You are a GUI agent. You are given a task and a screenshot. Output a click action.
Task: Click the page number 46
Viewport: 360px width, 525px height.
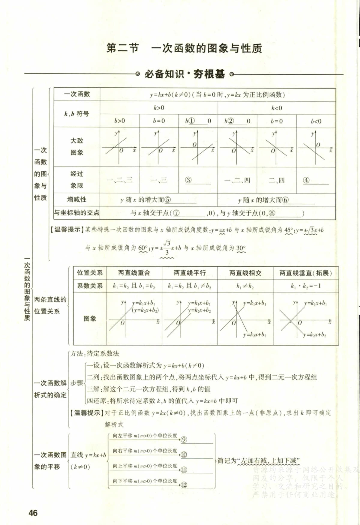click(x=33, y=513)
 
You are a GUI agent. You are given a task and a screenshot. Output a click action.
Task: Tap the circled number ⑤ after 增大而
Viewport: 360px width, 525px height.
click(x=168, y=200)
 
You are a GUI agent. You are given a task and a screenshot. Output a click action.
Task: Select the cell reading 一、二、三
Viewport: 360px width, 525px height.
click(x=119, y=180)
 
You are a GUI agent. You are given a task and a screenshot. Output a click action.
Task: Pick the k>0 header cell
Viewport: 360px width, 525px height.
click(x=159, y=108)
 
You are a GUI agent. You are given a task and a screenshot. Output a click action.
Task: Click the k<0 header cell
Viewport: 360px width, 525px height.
click(x=276, y=108)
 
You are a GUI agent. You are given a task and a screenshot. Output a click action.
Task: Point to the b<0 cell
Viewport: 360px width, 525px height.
click(x=316, y=121)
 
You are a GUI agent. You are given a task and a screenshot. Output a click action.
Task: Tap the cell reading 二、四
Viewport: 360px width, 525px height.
click(x=276, y=180)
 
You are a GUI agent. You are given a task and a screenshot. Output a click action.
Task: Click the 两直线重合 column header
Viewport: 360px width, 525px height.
click(x=134, y=273)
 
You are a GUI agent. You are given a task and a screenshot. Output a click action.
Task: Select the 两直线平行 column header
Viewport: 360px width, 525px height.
click(x=190, y=273)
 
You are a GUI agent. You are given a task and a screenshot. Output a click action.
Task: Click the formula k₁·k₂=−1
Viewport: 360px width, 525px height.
click(x=306, y=286)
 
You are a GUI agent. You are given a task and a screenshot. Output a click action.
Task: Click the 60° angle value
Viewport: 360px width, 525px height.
click(x=143, y=248)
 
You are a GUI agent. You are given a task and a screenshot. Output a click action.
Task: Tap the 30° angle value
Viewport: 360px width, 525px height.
click(x=241, y=248)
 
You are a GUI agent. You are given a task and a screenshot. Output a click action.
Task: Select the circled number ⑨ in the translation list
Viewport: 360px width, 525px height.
click(x=184, y=439)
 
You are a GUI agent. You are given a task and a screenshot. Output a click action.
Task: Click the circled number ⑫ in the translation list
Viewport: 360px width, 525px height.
click(x=184, y=485)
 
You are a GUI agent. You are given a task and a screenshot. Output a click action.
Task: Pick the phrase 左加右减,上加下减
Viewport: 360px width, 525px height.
click(x=269, y=460)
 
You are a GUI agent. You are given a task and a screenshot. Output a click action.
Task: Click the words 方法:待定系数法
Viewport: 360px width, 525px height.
click(x=95, y=353)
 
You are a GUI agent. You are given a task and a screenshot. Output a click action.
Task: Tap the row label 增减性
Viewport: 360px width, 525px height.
click(x=76, y=199)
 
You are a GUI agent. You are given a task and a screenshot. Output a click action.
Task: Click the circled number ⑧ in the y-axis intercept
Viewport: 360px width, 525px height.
click(x=272, y=213)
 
